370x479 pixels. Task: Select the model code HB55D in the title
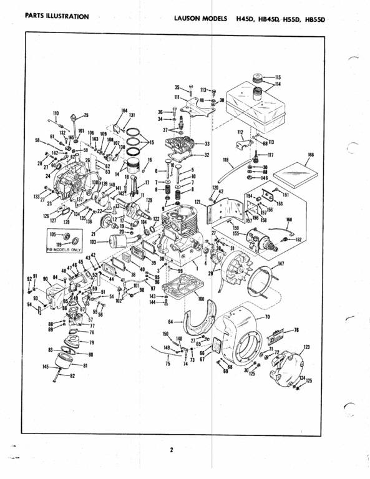coord(316,19)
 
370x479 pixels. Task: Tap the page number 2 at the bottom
coord(171,450)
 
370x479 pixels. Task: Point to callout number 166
coord(311,154)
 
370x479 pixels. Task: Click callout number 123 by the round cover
coord(306,347)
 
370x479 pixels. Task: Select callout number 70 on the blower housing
coord(267,317)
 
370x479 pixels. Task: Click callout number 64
coord(170,321)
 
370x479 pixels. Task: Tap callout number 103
coord(93,241)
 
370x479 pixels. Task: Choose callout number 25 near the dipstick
coord(85,115)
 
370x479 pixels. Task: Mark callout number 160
coord(289,220)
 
